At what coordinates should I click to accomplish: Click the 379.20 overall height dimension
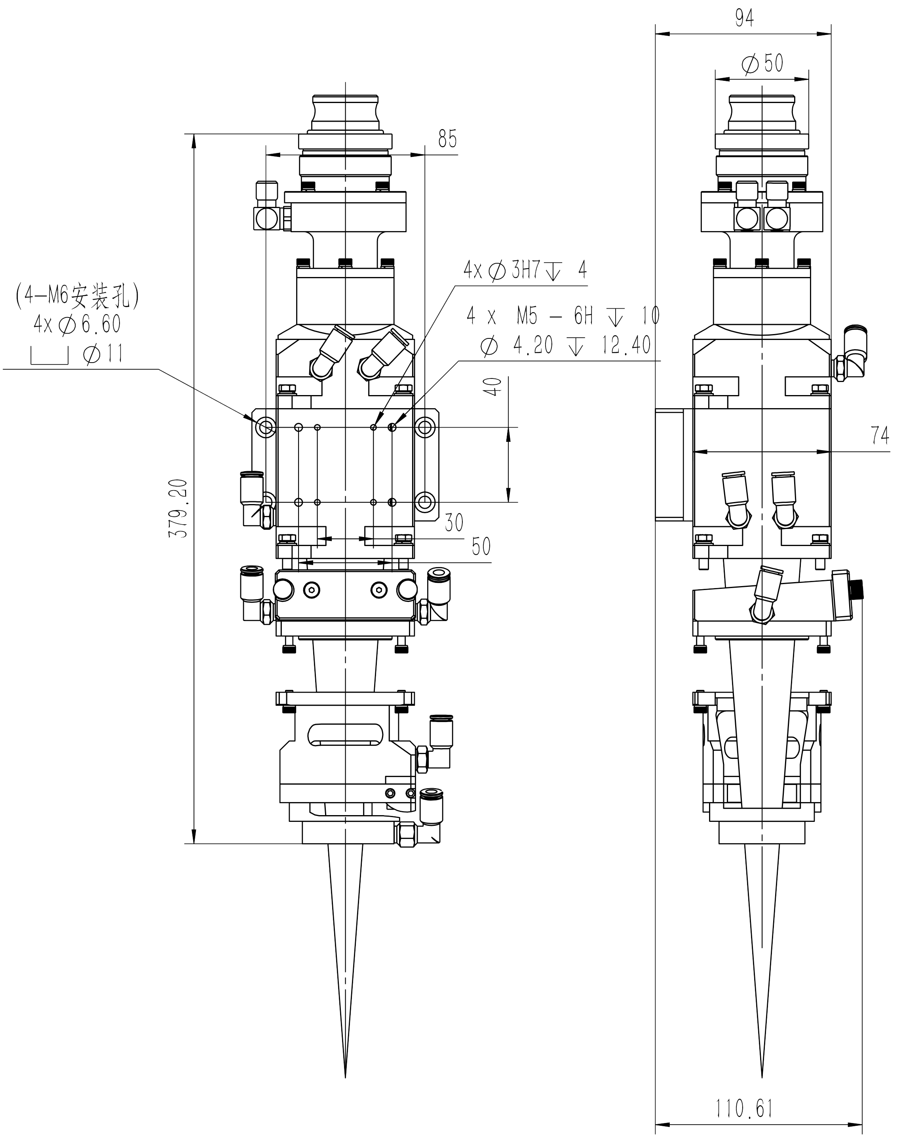(x=178, y=508)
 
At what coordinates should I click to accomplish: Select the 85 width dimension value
(x=447, y=139)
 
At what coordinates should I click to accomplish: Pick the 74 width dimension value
(x=880, y=435)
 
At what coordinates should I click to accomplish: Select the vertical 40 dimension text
(x=493, y=387)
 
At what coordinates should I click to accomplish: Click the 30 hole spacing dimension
(x=454, y=523)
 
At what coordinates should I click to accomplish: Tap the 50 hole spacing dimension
(x=481, y=546)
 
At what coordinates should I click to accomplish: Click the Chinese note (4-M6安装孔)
(x=77, y=297)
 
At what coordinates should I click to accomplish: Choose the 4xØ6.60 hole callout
(x=77, y=324)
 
